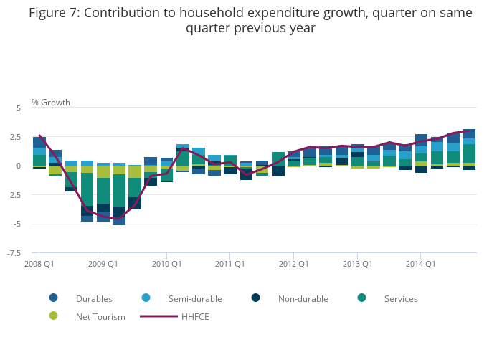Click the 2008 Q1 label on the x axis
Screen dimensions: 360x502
coord(39,263)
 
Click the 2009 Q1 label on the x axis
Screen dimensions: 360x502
coord(103,263)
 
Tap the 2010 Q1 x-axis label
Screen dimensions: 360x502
coord(166,263)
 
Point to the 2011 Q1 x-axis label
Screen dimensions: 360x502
coord(229,263)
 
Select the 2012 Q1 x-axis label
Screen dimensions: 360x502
coord(293,263)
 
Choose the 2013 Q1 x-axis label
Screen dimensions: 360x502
coord(356,263)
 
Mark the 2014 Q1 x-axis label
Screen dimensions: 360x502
coord(420,263)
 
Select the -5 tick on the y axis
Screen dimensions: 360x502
coord(17,224)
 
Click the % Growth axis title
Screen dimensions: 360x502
coord(51,103)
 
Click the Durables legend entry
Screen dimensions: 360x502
coord(94,298)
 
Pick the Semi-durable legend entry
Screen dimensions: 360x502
coord(194,298)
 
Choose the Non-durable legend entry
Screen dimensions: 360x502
coord(303,298)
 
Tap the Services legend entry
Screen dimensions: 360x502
coord(400,298)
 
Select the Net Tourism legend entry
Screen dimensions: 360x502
coord(100,316)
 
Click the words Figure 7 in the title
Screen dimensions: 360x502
coord(55,13)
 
